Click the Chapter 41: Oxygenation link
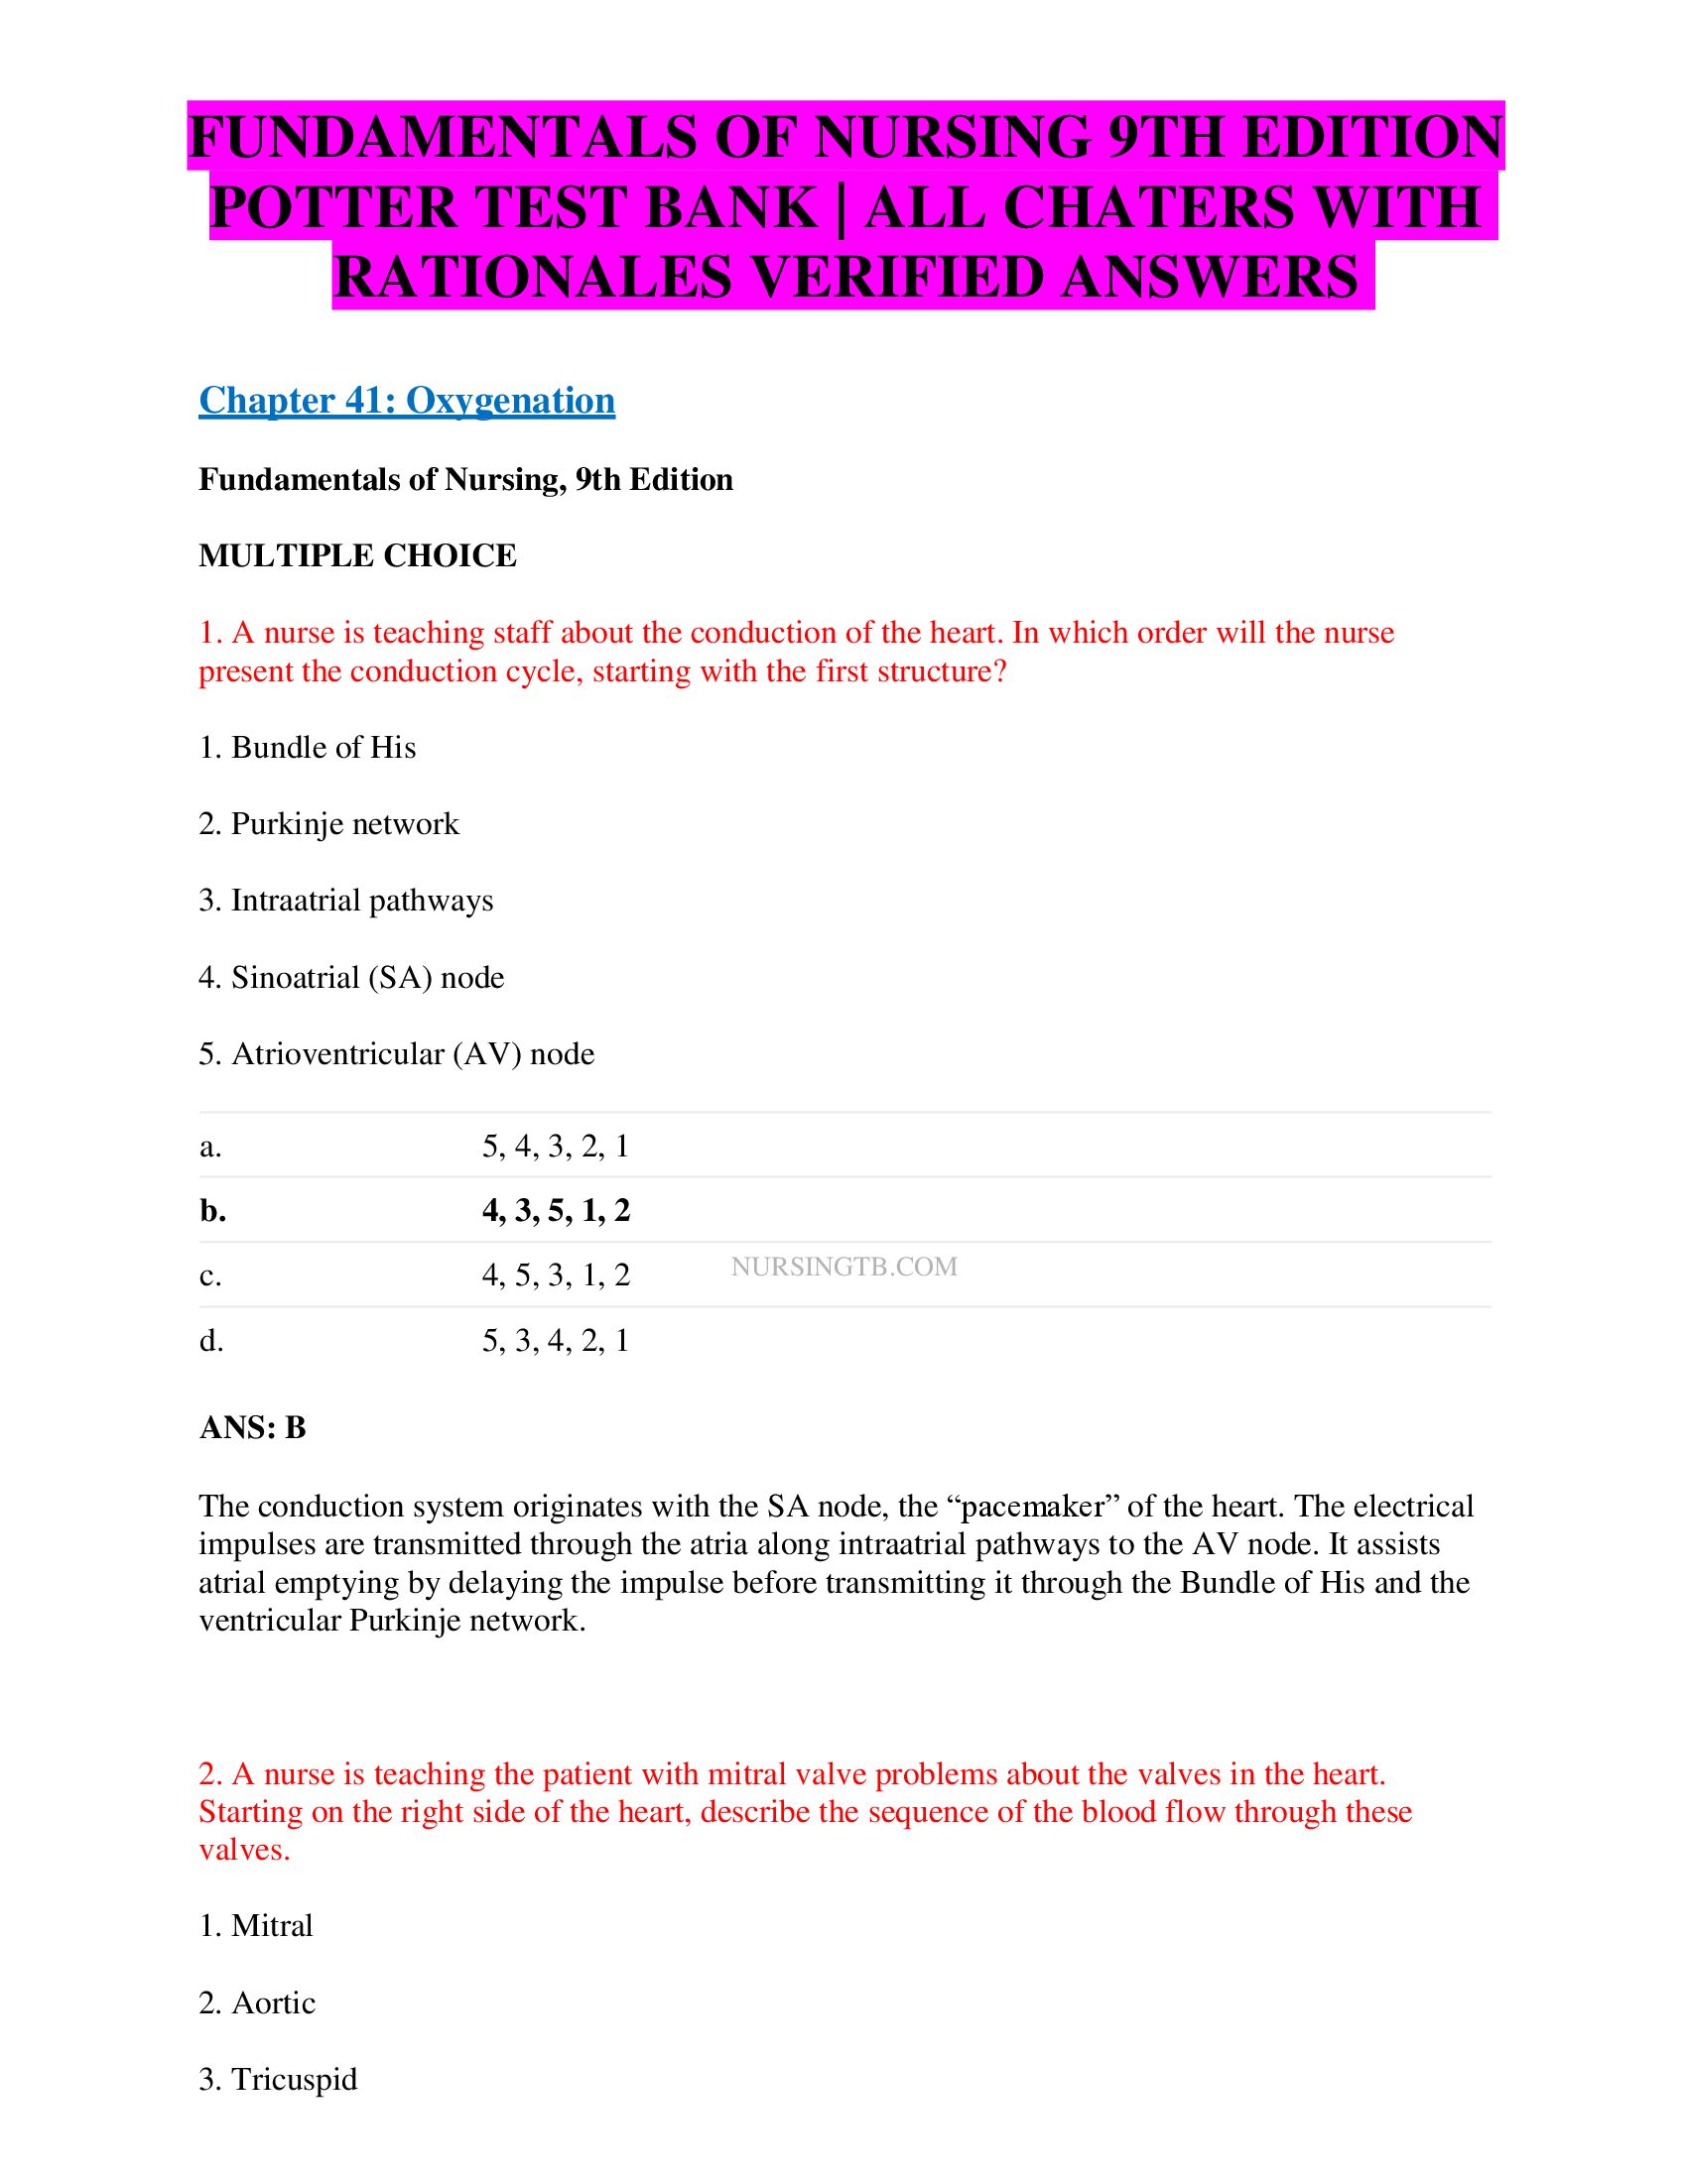(x=407, y=401)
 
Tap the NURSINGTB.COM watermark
(x=843, y=1266)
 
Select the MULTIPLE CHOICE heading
(x=358, y=555)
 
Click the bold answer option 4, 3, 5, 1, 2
(x=556, y=1210)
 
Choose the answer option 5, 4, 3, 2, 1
(x=556, y=1145)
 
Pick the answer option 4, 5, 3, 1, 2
(x=556, y=1274)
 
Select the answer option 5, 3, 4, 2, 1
(x=556, y=1340)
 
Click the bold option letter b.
(x=212, y=1210)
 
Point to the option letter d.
(x=210, y=1340)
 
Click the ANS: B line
(x=253, y=1426)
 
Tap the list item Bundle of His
(x=308, y=747)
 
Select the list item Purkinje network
(x=328, y=823)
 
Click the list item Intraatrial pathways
(x=345, y=901)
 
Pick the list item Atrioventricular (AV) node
(x=397, y=1054)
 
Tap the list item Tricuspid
(x=278, y=2079)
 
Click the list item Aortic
(x=258, y=2002)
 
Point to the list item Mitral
(x=256, y=1925)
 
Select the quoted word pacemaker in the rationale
(x=1032, y=1506)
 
